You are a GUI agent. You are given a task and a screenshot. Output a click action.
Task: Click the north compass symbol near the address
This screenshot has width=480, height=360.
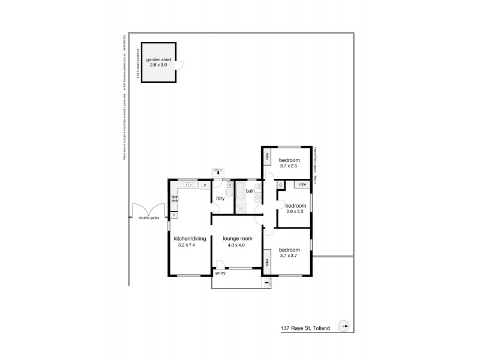click(x=344, y=326)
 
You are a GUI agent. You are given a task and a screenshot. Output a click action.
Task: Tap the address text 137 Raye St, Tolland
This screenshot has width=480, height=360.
click(x=306, y=328)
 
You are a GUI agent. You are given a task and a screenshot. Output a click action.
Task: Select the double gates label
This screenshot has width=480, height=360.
click(x=148, y=218)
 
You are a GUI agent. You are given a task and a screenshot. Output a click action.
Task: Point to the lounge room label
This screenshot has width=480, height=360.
click(x=238, y=239)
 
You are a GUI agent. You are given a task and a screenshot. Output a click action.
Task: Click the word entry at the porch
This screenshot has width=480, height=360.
click(x=221, y=273)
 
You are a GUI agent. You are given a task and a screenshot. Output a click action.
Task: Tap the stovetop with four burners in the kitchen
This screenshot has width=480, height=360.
click(x=176, y=199)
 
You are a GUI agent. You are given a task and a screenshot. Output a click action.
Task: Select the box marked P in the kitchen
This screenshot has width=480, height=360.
click(x=174, y=214)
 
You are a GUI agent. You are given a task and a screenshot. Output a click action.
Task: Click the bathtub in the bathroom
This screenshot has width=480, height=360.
click(x=239, y=193)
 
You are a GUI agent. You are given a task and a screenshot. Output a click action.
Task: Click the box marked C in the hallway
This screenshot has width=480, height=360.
click(x=280, y=185)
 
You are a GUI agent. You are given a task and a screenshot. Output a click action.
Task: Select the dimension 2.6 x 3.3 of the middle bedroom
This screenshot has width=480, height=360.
click(x=296, y=211)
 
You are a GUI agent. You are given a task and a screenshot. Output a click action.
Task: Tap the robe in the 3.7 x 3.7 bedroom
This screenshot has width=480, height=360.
click(x=266, y=262)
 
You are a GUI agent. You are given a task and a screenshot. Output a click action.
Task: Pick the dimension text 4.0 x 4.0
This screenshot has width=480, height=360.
click(x=238, y=245)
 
